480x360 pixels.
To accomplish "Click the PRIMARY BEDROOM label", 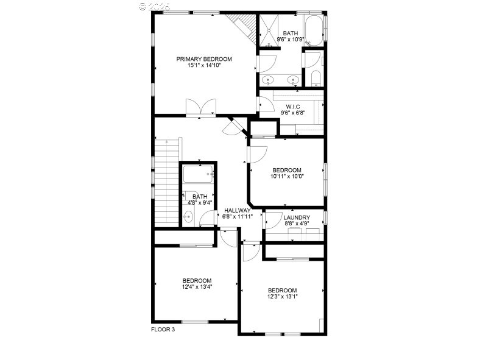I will tap(204, 59).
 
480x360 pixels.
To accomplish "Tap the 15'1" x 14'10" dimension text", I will tap(204, 65).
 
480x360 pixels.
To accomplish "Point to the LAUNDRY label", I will tap(297, 217).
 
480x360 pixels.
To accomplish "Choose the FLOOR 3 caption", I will tap(163, 330).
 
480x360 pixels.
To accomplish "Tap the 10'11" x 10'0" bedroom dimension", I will tap(287, 177).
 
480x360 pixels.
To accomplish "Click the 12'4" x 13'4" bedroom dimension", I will tap(197, 286).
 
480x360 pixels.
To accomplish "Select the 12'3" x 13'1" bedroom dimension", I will tap(282, 297).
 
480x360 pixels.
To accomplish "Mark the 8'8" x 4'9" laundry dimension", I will tap(297, 224).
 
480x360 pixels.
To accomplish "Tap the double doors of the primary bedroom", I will tap(200, 108).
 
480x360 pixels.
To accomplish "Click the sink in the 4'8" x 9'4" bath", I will tap(189, 216).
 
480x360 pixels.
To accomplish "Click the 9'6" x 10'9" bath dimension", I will tap(291, 40).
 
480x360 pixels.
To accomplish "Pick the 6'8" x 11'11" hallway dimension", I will tap(238, 217).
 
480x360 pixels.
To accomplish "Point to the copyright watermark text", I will tap(155, 6).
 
